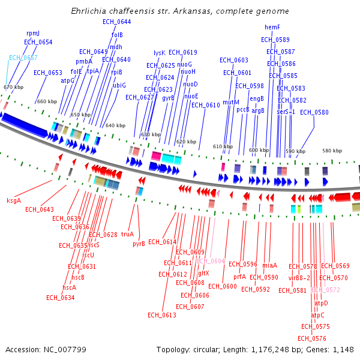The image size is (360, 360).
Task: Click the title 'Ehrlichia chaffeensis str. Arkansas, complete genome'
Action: coord(180,11)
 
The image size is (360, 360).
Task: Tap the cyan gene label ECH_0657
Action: coord(23,58)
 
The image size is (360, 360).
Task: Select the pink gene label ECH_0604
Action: coord(210,261)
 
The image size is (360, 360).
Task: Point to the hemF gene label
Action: coord(272,27)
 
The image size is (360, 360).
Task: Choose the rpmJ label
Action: coord(33,34)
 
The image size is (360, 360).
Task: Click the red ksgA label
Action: coord(14,200)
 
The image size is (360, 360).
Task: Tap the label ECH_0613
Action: coord(162,315)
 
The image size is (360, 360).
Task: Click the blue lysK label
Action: coord(160,53)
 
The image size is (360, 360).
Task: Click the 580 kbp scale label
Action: coord(332,151)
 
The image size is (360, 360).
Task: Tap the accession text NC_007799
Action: coord(46,349)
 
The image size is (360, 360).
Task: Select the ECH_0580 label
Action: coord(314,112)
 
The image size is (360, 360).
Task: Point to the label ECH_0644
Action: coord(116,22)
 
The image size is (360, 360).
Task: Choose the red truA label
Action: coord(127,235)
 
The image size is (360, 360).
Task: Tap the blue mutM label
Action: coord(231,103)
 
